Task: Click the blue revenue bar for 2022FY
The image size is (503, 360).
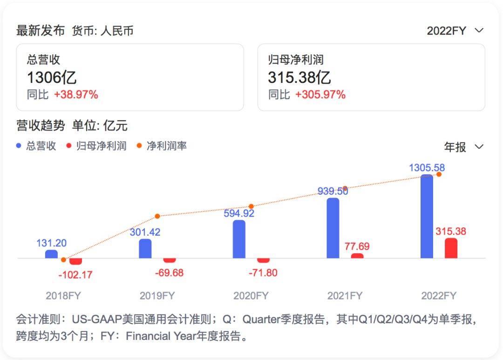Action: (427, 217)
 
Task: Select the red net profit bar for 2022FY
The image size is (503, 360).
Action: (451, 248)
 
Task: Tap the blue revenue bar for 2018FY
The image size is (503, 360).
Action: (51, 254)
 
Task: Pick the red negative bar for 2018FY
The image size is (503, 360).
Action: (75, 261)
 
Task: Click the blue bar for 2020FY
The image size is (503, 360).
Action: (239, 239)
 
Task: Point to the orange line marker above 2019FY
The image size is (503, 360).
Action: (157, 216)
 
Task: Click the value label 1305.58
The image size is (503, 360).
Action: (427, 168)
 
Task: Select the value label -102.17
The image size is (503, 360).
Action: (75, 275)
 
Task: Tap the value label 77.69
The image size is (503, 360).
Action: (357, 246)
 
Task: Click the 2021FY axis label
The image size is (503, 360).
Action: (345, 296)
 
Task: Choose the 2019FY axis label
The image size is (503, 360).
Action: (157, 296)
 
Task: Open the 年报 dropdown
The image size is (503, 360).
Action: (463, 147)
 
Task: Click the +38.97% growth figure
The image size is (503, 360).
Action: (76, 95)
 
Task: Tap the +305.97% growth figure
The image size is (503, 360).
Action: (320, 95)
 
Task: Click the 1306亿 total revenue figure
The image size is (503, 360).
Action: (52, 77)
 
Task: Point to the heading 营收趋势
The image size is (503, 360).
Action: (41, 125)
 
